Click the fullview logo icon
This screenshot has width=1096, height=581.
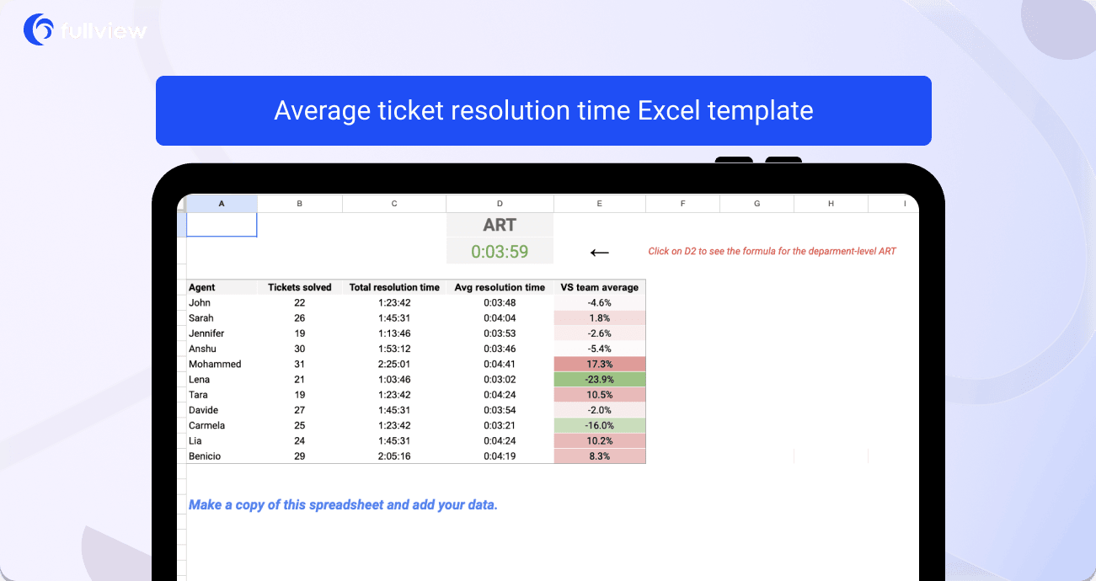point(38,29)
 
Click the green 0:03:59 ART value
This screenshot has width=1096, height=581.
point(500,252)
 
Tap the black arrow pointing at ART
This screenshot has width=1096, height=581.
point(599,253)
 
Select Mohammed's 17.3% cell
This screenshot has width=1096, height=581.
point(599,364)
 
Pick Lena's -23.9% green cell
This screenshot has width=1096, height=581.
point(599,379)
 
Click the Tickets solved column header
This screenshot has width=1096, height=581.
point(299,287)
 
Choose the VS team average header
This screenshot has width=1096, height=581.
point(599,287)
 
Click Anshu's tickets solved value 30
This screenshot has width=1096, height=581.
point(299,349)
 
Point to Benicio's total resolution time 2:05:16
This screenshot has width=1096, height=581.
point(394,456)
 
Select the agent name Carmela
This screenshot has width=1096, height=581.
point(206,425)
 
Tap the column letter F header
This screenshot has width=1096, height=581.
point(682,204)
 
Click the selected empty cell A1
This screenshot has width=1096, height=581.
point(222,225)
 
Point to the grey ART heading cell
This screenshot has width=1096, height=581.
point(500,225)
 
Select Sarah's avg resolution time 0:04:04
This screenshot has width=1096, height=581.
point(500,318)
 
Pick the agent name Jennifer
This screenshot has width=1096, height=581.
point(206,333)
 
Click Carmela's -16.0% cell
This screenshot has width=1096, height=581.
point(599,425)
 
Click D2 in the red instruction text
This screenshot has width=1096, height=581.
point(690,252)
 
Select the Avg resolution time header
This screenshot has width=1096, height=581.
point(500,287)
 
